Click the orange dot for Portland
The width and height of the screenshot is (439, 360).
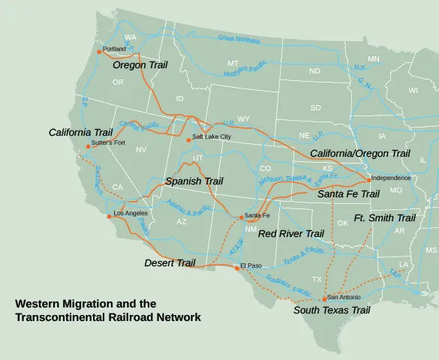point(99,51)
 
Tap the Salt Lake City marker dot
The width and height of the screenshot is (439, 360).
point(188,139)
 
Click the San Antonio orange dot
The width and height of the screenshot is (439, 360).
point(324,298)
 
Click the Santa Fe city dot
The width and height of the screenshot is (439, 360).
point(242,217)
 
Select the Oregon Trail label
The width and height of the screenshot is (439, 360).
point(140,65)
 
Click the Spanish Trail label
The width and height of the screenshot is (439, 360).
point(194,181)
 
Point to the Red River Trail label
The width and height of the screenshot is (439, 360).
point(290,234)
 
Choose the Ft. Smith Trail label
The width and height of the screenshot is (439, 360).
point(384,218)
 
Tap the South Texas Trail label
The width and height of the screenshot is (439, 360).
point(331,310)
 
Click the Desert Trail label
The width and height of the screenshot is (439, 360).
point(170,263)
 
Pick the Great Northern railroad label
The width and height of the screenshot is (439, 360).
point(239,37)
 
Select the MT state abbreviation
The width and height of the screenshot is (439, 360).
point(233,63)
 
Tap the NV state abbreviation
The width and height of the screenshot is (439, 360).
point(140,150)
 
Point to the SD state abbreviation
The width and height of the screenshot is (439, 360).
point(316,108)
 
